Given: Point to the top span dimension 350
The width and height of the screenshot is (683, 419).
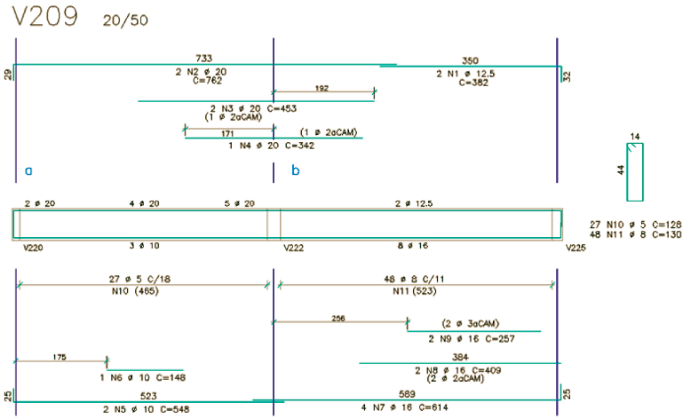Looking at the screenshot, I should click(x=470, y=60).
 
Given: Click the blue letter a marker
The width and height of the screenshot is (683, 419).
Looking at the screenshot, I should click(x=28, y=169).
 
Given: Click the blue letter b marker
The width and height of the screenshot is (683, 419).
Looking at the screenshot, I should click(x=296, y=169).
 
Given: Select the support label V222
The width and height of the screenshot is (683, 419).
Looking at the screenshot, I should click(x=293, y=248).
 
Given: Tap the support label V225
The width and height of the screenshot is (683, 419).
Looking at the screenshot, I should click(x=576, y=248).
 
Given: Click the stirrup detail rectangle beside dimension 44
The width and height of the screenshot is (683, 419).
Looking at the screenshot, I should click(x=635, y=171).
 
